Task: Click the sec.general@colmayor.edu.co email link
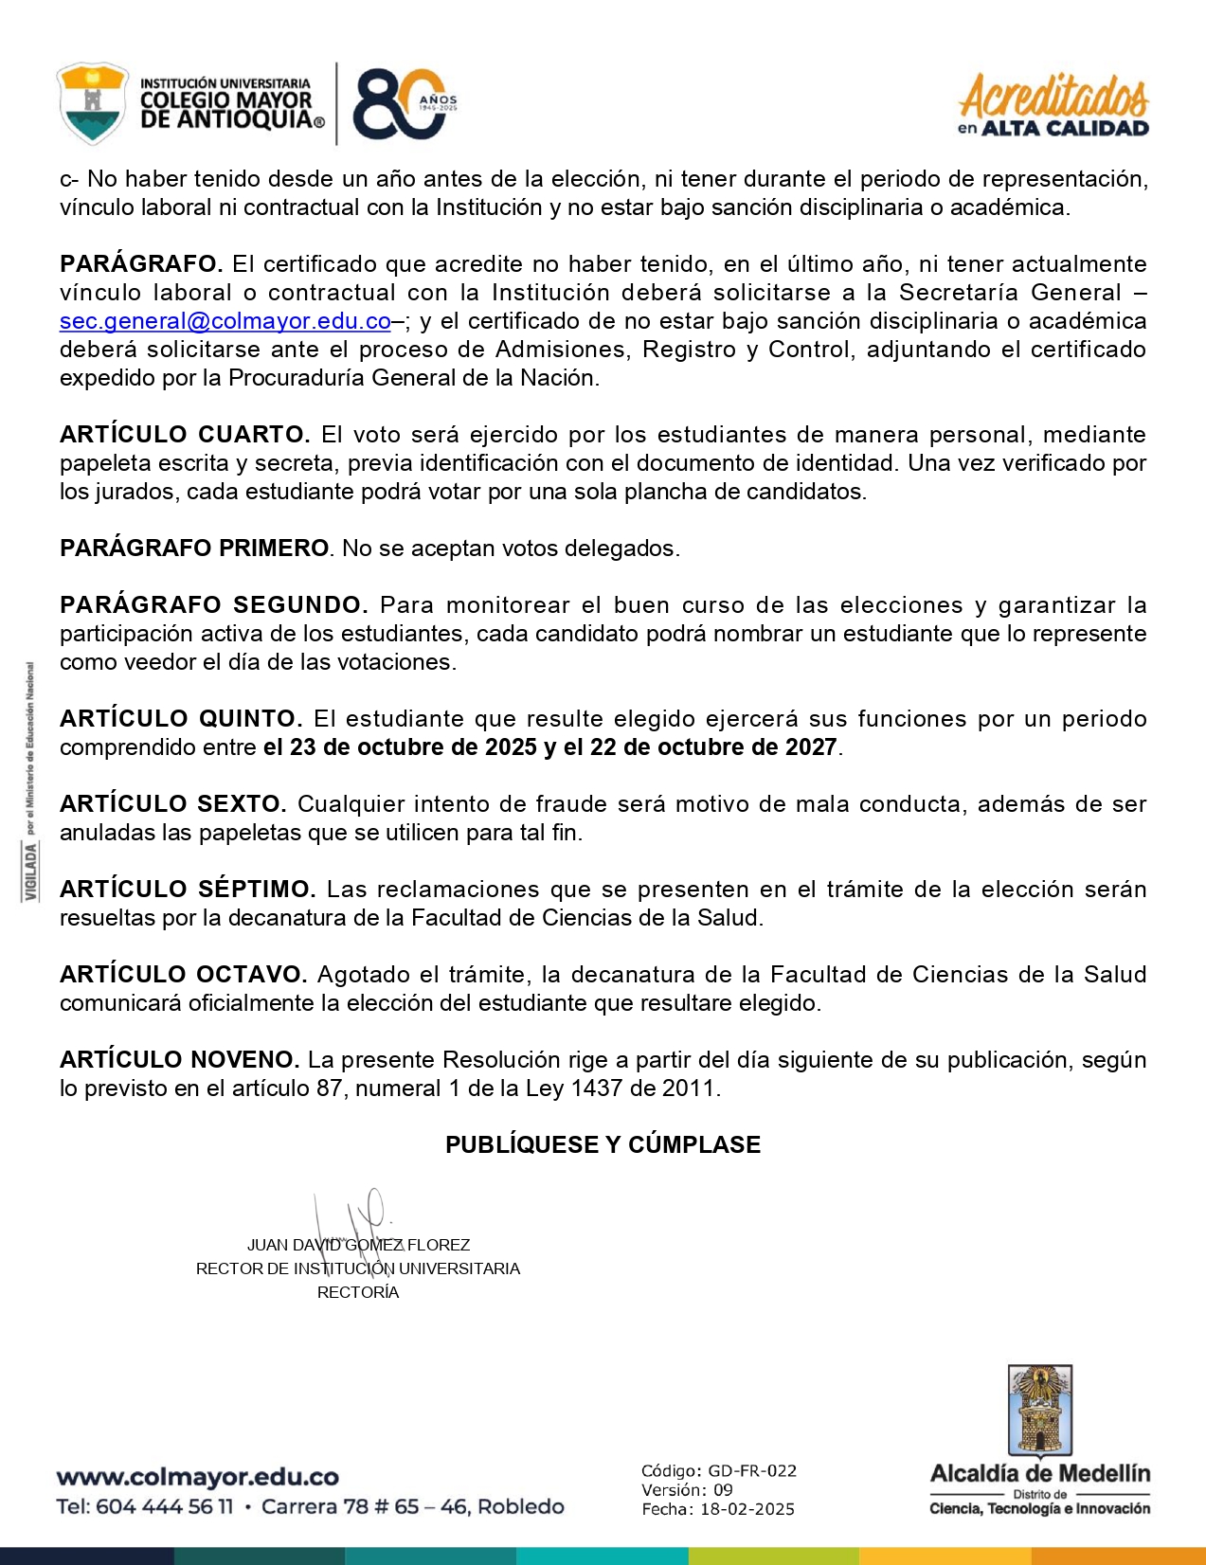coord(225,321)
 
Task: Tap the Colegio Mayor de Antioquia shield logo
coord(92,103)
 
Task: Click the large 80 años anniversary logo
coord(403,104)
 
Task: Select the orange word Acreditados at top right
coord(1053,96)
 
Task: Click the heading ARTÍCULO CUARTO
coord(185,435)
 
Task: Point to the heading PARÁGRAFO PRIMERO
coord(194,549)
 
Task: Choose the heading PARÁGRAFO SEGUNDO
coord(213,605)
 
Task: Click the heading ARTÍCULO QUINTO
coord(181,719)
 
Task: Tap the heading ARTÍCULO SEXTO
coord(172,804)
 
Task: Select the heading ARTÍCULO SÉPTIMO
coord(188,890)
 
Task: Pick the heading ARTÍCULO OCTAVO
coord(183,975)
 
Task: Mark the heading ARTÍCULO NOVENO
coord(179,1060)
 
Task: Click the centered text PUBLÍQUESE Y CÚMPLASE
coord(603,1145)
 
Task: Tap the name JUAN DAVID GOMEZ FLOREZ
coord(358,1245)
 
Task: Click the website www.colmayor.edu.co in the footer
coord(197,1477)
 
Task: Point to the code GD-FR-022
coord(752,1471)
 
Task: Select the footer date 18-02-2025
coord(747,1509)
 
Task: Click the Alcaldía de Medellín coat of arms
coord(1039,1411)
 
